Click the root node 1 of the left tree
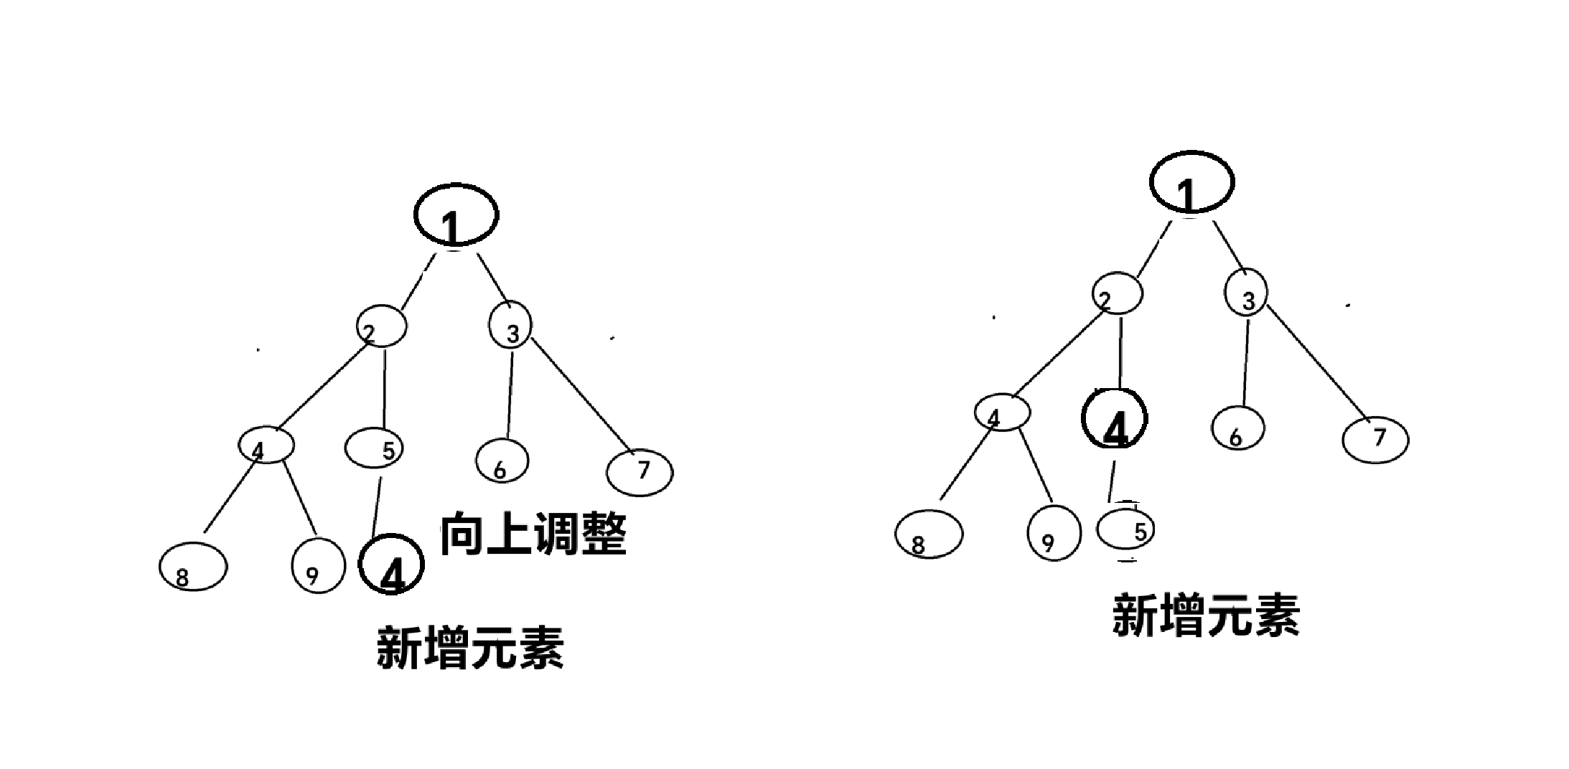pos(456,216)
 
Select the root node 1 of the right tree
pos(1192,182)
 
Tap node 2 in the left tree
pos(382,327)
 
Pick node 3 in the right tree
pos(1246,293)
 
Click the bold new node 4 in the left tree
pos(391,565)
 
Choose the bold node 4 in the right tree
pos(1114,419)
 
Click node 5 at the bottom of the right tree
pos(1125,530)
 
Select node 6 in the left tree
pos(502,461)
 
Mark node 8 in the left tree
pos(193,567)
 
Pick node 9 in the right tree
pos(1054,533)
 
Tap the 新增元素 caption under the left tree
pos(470,648)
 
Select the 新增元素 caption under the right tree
pos(1206,615)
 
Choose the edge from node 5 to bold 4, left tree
pos(378,506)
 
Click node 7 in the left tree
pos(640,472)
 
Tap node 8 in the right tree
pos(929,534)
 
